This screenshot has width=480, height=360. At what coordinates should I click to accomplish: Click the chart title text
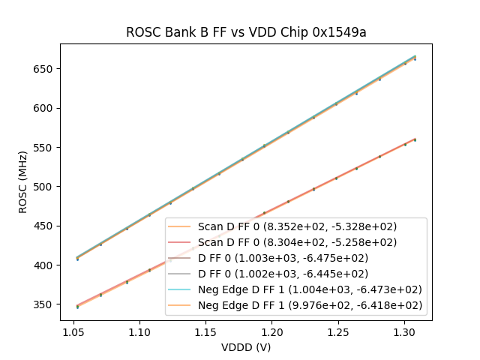coord(245,32)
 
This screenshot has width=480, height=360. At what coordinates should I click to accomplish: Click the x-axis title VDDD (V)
coord(245,348)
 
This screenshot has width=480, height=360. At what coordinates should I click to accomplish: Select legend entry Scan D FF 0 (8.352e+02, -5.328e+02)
coord(297,226)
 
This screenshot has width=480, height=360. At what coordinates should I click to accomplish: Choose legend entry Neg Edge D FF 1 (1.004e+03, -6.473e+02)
coord(310,289)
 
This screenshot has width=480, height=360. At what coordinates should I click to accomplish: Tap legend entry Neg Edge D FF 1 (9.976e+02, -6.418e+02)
coord(310,305)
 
